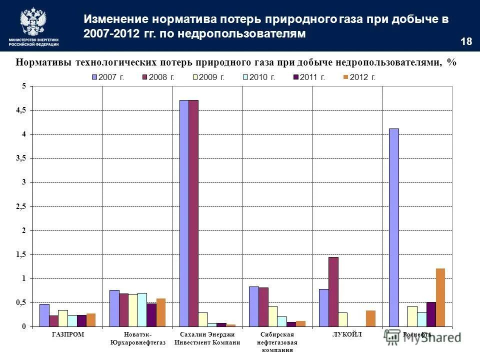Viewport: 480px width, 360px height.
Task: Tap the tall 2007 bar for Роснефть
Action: [x=393, y=227]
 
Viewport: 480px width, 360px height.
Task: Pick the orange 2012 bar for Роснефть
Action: [x=440, y=297]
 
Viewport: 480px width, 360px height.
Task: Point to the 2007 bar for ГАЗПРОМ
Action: [x=44, y=315]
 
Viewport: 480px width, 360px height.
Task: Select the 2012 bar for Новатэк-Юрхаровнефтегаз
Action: [x=161, y=312]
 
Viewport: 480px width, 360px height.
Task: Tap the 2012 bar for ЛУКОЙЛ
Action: [x=370, y=318]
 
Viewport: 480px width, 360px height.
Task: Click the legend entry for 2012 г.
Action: [x=359, y=77]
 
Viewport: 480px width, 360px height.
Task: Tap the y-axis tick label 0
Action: [x=23, y=326]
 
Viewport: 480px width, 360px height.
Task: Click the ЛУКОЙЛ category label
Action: [x=346, y=334]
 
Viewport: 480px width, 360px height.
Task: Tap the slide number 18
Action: [x=466, y=41]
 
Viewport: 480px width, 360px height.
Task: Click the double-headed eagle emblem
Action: [x=33, y=21]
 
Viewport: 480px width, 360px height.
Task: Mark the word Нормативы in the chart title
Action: [x=43, y=62]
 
